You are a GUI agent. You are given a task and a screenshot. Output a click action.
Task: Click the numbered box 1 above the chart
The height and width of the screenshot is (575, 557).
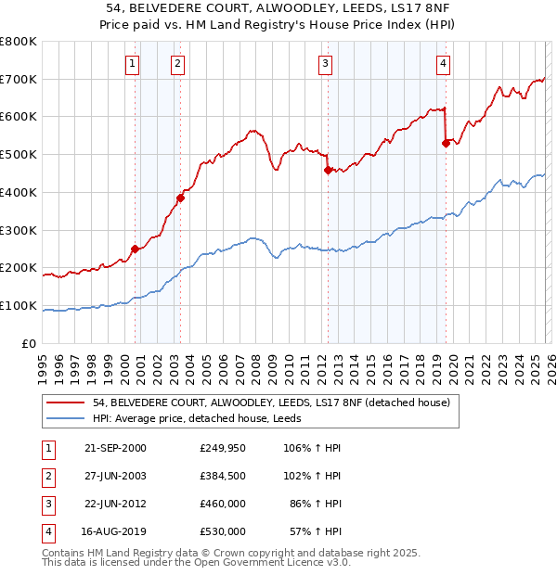point(133,64)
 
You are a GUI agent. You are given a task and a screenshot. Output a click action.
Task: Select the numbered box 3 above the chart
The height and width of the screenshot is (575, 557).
point(326,64)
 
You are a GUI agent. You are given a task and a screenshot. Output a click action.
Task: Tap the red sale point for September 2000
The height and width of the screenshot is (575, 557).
point(136,249)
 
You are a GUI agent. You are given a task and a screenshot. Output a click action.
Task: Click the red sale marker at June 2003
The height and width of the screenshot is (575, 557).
point(181,198)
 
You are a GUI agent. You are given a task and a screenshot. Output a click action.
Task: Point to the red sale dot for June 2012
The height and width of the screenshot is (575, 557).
point(328,170)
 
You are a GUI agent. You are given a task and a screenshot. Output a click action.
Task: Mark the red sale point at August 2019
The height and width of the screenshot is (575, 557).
point(446,143)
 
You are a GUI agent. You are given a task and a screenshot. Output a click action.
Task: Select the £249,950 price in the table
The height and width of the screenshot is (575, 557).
point(223,448)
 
